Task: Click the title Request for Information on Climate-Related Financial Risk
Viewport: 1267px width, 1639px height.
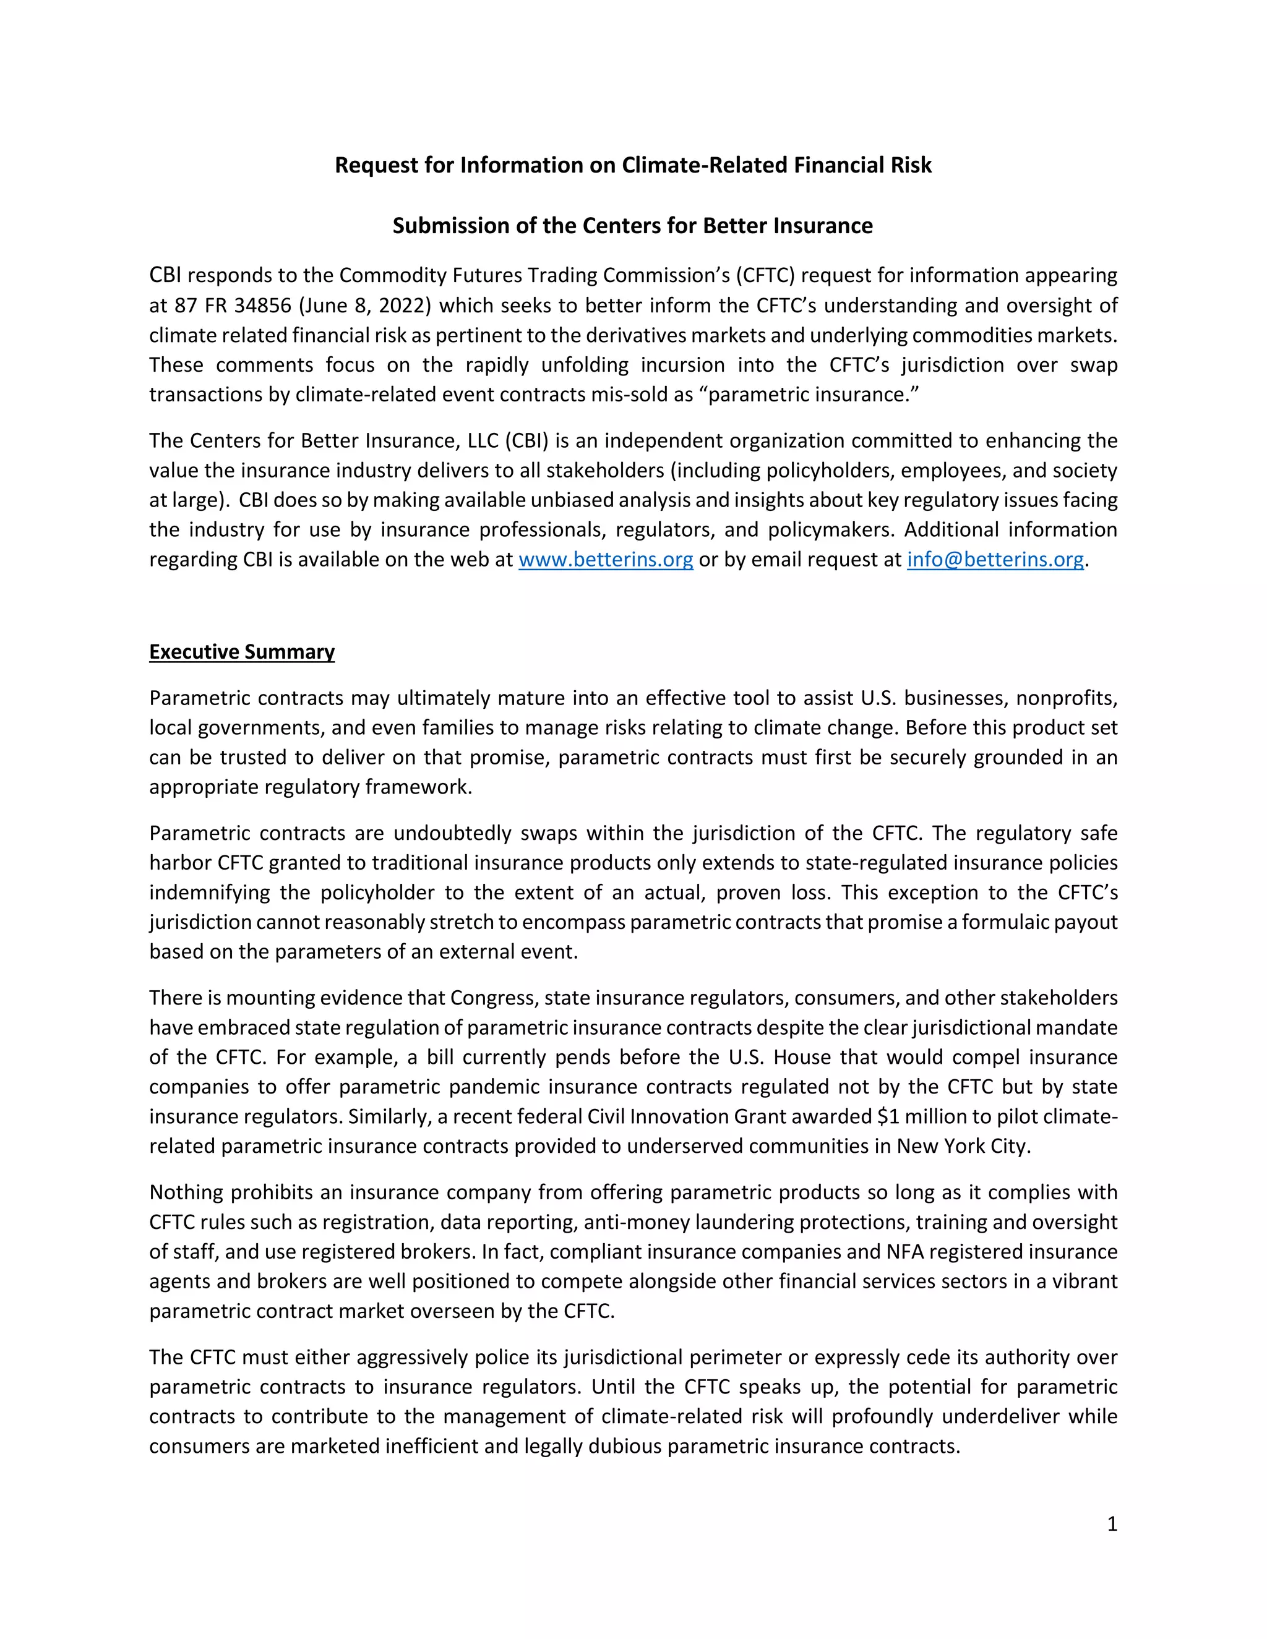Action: (633, 165)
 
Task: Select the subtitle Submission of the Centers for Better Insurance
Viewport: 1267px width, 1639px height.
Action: (633, 226)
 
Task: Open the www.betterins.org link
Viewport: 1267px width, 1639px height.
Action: (606, 560)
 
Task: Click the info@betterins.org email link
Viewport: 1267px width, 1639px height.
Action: (995, 560)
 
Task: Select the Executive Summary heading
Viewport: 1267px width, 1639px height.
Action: (242, 651)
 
